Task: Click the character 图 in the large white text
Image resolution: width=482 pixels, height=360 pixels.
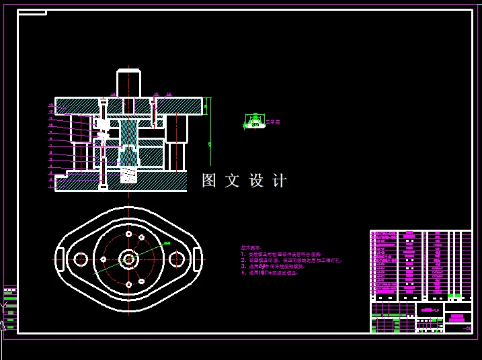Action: (x=209, y=181)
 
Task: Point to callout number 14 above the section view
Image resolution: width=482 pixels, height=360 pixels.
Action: (x=113, y=95)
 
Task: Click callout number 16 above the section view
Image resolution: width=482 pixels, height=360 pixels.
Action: (x=169, y=95)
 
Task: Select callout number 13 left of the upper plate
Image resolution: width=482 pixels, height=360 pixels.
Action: (x=51, y=105)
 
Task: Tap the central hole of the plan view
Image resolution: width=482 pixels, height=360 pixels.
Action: (x=128, y=259)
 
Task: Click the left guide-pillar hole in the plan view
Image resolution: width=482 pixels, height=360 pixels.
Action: (x=81, y=259)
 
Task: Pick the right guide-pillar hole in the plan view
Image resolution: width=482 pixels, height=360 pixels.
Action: (x=176, y=259)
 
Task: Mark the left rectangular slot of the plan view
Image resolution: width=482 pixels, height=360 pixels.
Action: (x=60, y=259)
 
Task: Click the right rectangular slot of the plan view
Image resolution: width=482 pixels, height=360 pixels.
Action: (x=197, y=259)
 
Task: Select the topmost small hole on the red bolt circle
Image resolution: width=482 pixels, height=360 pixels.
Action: (x=141, y=237)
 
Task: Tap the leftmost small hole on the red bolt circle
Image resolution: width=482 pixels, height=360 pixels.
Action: (x=104, y=259)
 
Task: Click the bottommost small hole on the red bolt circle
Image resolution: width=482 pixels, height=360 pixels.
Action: (x=128, y=284)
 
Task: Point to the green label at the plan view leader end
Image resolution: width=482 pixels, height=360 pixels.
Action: (x=167, y=243)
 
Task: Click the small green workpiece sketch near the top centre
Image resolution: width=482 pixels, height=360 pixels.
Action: (x=255, y=122)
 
